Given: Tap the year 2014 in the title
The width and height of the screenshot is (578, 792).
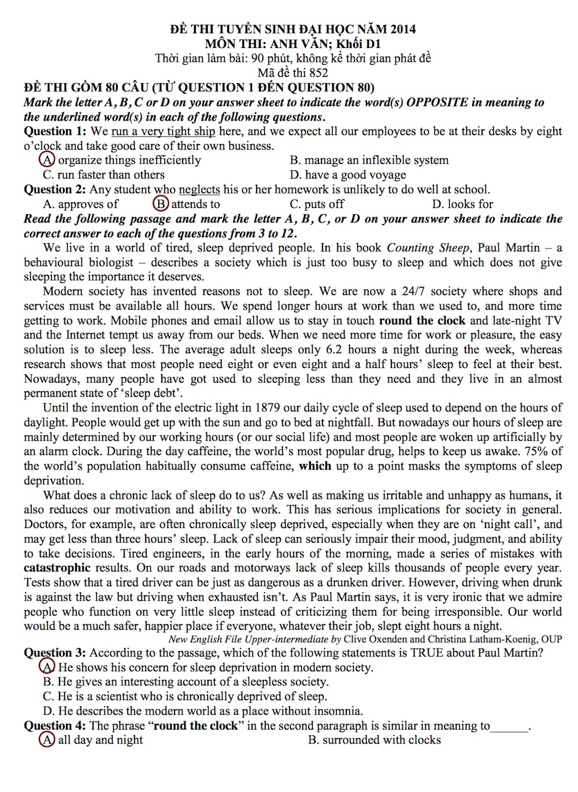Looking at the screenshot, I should click(403, 29).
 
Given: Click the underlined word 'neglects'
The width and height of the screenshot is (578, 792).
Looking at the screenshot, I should click(199, 189).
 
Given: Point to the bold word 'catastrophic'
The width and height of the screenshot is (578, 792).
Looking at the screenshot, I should click(57, 568).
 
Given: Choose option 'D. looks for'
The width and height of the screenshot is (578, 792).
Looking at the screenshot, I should click(462, 204).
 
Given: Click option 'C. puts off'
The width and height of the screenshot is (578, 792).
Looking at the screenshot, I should click(317, 204).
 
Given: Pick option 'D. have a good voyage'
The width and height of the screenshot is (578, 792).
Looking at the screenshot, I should click(348, 174).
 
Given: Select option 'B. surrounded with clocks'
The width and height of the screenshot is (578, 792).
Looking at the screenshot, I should click(375, 740).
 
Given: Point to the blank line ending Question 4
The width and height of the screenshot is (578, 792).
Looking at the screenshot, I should click(509, 727).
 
